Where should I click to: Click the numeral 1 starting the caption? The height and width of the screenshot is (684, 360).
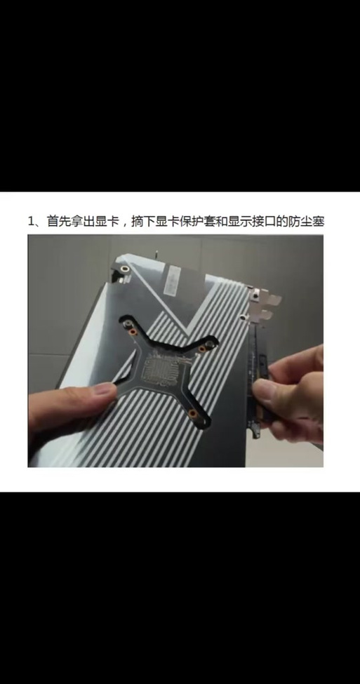[x=32, y=222]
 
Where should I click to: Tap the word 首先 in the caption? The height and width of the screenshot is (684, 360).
[x=60, y=222]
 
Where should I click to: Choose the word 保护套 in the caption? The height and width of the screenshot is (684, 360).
[x=206, y=222]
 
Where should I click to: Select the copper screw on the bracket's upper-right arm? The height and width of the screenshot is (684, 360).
[x=208, y=345]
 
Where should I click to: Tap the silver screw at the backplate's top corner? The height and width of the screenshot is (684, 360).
[x=123, y=268]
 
